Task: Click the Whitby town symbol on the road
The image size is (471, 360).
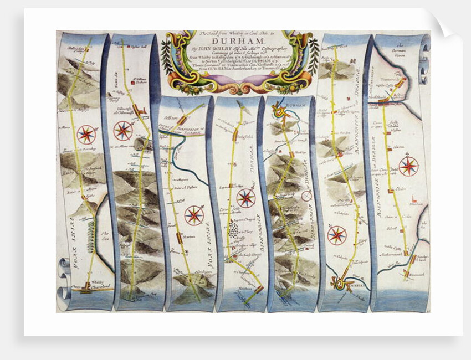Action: [86, 287]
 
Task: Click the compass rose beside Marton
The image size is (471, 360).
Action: [194, 215]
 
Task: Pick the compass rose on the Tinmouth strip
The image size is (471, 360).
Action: [409, 166]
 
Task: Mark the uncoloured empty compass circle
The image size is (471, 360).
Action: [306, 196]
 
